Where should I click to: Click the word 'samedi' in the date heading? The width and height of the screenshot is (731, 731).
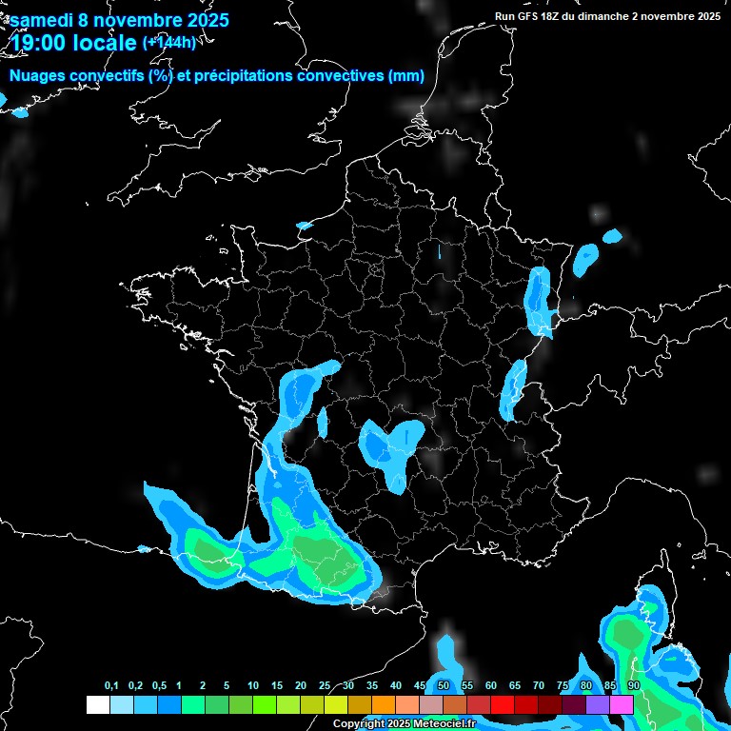click(x=44, y=20)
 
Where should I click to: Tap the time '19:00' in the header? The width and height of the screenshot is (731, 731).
click(x=39, y=44)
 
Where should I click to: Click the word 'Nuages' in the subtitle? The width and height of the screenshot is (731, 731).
click(x=38, y=76)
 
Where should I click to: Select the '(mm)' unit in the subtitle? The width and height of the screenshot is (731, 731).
click(x=405, y=76)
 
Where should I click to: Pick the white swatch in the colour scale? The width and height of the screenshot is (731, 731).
click(x=98, y=704)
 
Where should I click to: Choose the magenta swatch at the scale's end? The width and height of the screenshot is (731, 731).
click(x=622, y=704)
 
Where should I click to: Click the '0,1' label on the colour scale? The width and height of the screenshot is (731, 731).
click(x=111, y=686)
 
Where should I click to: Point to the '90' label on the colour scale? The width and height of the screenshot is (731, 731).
click(x=634, y=686)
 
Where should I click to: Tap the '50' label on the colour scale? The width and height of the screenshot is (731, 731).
click(x=444, y=686)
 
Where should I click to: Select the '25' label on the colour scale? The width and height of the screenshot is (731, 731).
click(x=325, y=686)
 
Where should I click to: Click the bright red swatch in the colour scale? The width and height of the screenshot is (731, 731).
click(x=503, y=704)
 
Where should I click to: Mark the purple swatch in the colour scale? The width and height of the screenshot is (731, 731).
click(x=598, y=704)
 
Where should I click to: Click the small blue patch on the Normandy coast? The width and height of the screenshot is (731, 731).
click(x=305, y=226)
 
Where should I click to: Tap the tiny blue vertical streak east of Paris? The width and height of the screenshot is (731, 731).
click(x=440, y=252)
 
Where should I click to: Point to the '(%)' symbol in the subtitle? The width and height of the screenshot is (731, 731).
click(x=161, y=76)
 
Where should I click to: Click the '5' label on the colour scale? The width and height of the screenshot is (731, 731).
click(x=227, y=686)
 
